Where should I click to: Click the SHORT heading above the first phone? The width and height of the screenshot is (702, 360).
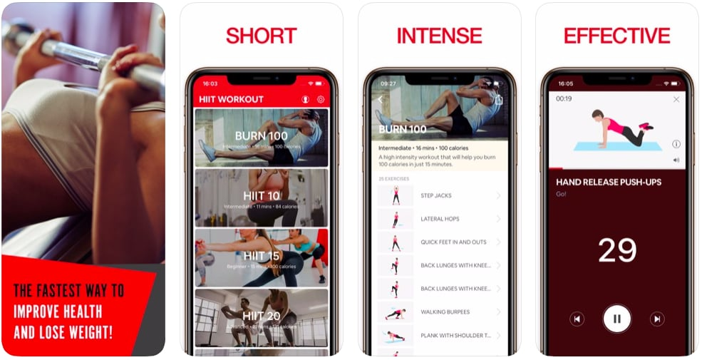[x=261, y=36]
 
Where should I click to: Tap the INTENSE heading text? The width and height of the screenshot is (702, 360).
[x=439, y=36]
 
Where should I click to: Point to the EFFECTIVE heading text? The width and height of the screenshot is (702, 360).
[x=616, y=36]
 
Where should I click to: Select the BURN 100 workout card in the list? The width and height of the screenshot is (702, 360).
[x=261, y=138]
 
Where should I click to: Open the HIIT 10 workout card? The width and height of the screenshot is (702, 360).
[x=261, y=197]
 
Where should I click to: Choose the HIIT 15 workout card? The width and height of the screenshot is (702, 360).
[x=261, y=257]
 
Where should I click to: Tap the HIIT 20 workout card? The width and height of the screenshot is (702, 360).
[x=261, y=317]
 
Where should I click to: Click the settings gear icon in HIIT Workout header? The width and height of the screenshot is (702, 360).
[x=321, y=100]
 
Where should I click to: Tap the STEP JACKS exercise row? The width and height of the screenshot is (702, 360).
[x=439, y=195]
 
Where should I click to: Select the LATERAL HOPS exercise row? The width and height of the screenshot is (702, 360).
[x=439, y=219]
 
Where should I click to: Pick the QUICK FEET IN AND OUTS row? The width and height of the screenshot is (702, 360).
[x=439, y=242]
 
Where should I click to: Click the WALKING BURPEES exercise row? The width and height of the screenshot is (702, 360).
[x=439, y=312]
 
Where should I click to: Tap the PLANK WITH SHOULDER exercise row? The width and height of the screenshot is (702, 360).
[x=439, y=335]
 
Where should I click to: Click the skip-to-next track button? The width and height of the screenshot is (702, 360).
[x=657, y=319]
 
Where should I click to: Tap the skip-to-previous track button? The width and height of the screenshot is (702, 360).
[x=577, y=319]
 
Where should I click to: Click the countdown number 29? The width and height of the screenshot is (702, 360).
[x=616, y=250]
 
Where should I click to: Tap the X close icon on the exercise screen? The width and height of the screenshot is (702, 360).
[x=676, y=100]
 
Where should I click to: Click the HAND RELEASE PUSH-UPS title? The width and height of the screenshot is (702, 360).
[x=608, y=182]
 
